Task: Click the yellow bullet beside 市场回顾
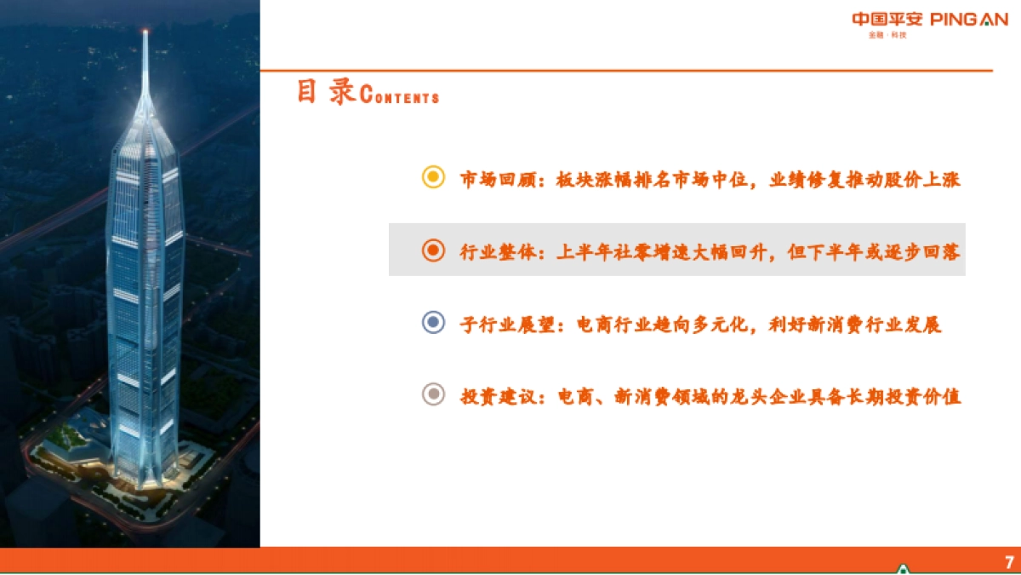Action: click(434, 178)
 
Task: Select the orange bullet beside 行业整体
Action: click(434, 250)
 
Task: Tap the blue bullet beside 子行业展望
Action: click(434, 323)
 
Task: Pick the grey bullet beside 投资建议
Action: click(434, 395)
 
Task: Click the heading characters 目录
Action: click(326, 92)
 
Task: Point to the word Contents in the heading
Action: click(400, 95)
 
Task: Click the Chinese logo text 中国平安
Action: click(887, 20)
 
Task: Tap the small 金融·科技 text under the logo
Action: click(887, 36)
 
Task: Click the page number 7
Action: click(1009, 562)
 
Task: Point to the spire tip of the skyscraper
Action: click(145, 32)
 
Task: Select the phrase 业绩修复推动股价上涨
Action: click(865, 179)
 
